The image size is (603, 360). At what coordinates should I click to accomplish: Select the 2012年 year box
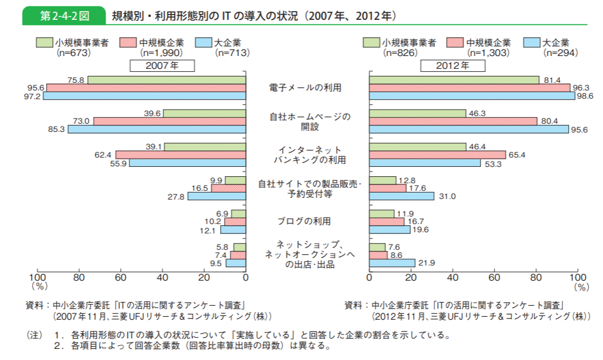pyautogui.click(x=452, y=65)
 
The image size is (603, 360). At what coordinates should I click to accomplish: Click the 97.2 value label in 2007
pyautogui.click(x=33, y=96)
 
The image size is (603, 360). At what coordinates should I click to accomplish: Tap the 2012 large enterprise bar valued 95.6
pyautogui.click(x=469, y=130)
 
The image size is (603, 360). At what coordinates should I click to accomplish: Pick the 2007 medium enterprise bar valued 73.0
pyautogui.click(x=170, y=121)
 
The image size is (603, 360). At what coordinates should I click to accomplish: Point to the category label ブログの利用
pyautogui.click(x=307, y=221)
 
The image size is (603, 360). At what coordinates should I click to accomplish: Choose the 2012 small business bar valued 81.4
pyautogui.click(x=454, y=80)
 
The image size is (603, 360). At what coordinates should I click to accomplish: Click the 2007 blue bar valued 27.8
pyautogui.click(x=217, y=197)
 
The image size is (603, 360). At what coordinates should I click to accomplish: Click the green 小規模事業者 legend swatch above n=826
pyautogui.click(x=371, y=43)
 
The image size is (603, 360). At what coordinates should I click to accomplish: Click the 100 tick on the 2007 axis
pyautogui.click(x=37, y=278)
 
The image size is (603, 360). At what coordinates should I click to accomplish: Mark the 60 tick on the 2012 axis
pyautogui.click(x=494, y=278)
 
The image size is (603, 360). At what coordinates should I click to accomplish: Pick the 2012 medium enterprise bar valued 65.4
pyautogui.click(x=437, y=155)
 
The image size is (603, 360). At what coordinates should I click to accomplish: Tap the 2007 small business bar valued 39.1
pyautogui.click(x=205, y=146)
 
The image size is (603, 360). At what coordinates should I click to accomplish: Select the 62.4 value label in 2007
pyautogui.click(x=103, y=155)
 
